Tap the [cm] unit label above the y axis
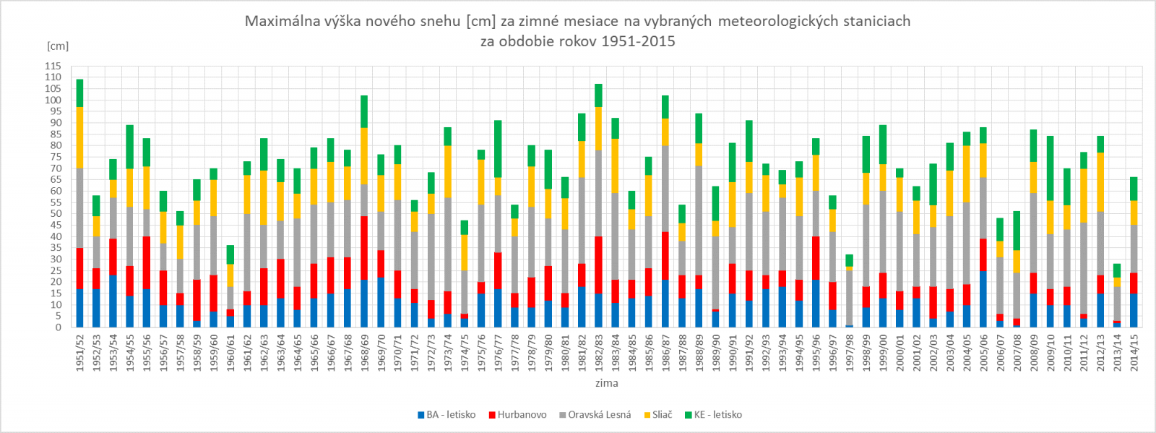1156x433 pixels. pyautogui.click(x=58, y=46)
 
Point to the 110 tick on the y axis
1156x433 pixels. pyautogui.click(x=53, y=77)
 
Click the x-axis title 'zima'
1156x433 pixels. pyautogui.click(x=606, y=383)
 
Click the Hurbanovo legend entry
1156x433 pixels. pyautogui.click(x=517, y=415)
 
